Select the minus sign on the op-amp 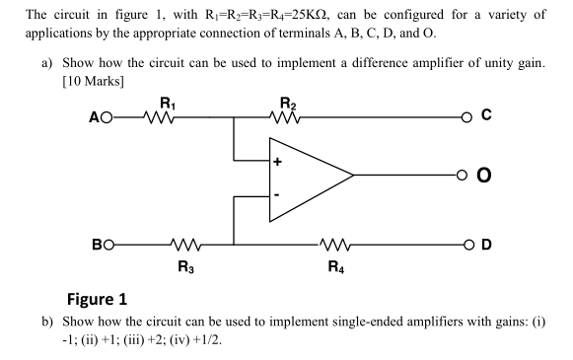coord(279,198)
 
